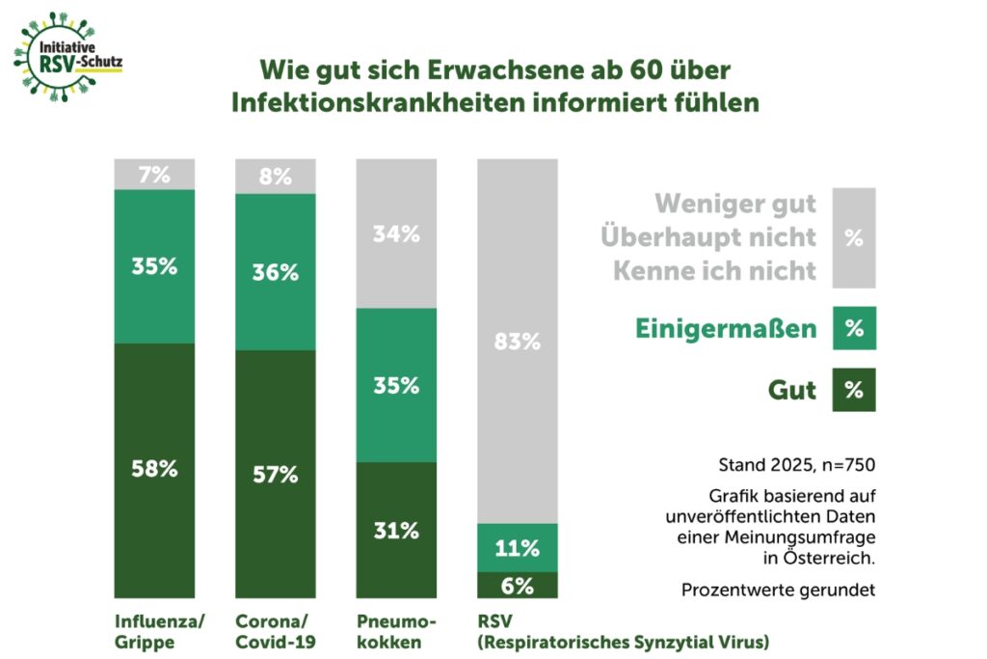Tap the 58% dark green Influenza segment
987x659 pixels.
[154, 470]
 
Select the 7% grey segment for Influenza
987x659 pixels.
[154, 175]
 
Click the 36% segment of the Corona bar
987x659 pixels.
[276, 272]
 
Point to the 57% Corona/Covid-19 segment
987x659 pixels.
[276, 474]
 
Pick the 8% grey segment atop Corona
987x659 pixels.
[276, 177]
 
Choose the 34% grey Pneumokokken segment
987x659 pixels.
[396, 233]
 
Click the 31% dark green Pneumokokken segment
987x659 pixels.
[396, 531]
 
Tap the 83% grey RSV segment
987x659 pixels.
[518, 342]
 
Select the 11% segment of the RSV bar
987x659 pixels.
[518, 548]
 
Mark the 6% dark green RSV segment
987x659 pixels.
[518, 585]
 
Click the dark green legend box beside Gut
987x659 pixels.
[853, 390]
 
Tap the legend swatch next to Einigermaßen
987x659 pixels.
[853, 328]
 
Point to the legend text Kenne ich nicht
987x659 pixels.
[714, 270]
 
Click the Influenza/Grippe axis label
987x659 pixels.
[159, 630]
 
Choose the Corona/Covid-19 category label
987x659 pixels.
[276, 630]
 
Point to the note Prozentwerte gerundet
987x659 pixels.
[778, 590]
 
